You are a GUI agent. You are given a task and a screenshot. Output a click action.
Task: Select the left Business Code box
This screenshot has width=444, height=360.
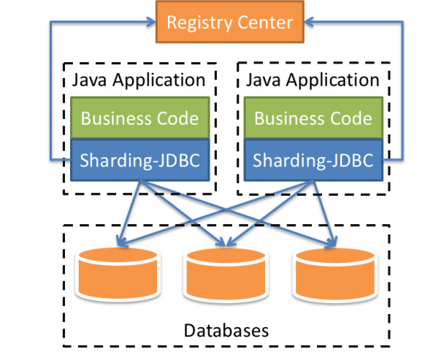pos(139,118)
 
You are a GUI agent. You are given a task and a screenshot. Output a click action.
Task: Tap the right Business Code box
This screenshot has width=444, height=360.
pos(314,118)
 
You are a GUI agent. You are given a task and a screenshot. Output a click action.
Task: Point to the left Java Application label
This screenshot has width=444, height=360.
pos(139,80)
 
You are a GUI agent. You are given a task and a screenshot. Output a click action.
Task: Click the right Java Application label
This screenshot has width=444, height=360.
pos(314,80)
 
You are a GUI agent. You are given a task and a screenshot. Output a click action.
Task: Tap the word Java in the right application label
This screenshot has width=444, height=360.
pos(264,80)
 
